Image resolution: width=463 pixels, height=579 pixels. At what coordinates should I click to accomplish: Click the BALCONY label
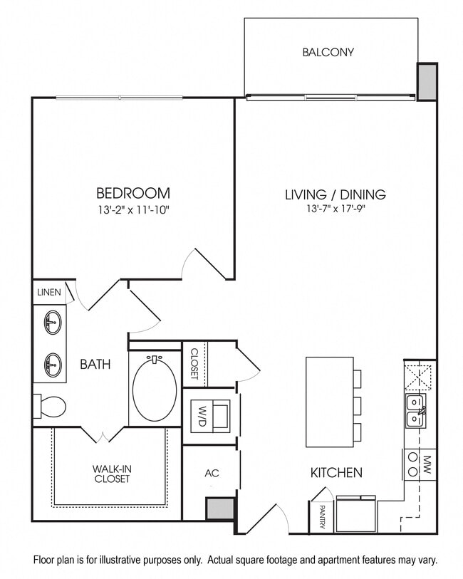tap(328, 52)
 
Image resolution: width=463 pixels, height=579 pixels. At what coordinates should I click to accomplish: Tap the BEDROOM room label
tap(133, 193)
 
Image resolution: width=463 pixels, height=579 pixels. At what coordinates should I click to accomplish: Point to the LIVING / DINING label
tap(335, 194)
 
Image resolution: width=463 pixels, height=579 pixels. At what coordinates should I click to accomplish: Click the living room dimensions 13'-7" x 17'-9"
tap(335, 209)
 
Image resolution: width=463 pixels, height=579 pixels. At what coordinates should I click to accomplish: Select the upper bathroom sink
tap(52, 323)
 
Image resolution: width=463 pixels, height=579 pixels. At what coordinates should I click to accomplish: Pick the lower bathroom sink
tap(52, 365)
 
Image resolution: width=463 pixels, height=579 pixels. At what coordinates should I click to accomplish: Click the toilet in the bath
tap(51, 407)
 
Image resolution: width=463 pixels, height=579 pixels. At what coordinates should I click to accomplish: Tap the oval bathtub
tap(155, 388)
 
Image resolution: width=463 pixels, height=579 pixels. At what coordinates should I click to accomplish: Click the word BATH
tap(95, 365)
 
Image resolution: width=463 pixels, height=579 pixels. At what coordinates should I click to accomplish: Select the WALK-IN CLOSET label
tap(112, 474)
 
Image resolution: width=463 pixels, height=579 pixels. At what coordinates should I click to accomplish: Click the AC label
tap(211, 473)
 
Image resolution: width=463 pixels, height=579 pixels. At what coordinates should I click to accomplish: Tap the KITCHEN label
tap(336, 472)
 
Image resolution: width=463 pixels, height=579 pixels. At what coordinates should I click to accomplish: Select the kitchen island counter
tap(329, 402)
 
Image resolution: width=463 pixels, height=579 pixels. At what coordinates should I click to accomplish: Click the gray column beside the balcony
tap(427, 82)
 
